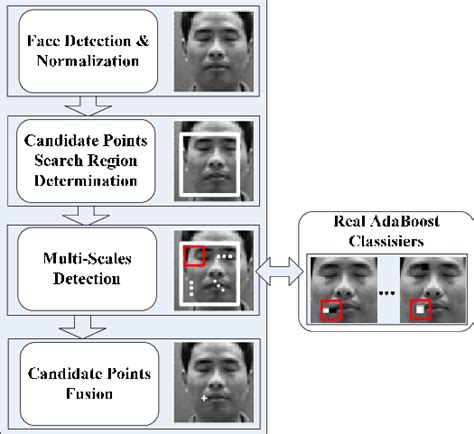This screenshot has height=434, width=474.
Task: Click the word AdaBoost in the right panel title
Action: pos(378,222)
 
